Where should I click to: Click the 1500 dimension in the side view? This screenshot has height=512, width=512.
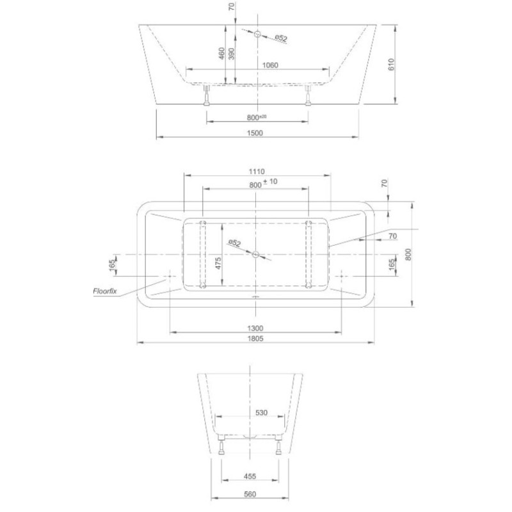tap(255, 133)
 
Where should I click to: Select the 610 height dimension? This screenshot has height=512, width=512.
tap(392, 65)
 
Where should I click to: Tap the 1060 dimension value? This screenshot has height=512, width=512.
tap(270, 65)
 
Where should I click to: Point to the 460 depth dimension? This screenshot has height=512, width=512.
tap(221, 53)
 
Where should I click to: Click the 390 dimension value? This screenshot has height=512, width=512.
tap(232, 53)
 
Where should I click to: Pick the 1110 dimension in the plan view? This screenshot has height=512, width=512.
tap(257, 172)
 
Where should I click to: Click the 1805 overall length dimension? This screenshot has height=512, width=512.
tap(255, 339)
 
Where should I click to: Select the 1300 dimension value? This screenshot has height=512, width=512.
tap(255, 328)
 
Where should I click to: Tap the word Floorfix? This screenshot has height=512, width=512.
tap(105, 291)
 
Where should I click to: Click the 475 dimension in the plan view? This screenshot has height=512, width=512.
tap(218, 263)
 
